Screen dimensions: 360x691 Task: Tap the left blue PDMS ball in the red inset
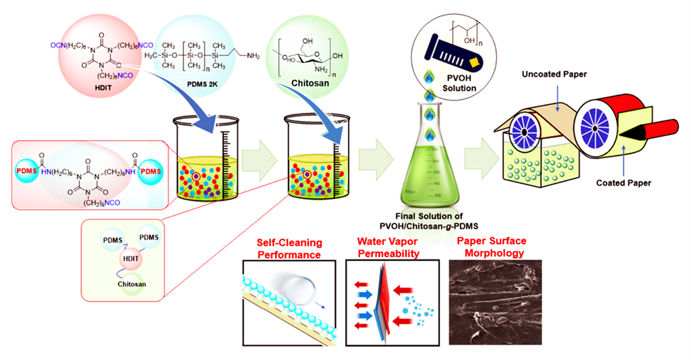30,172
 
